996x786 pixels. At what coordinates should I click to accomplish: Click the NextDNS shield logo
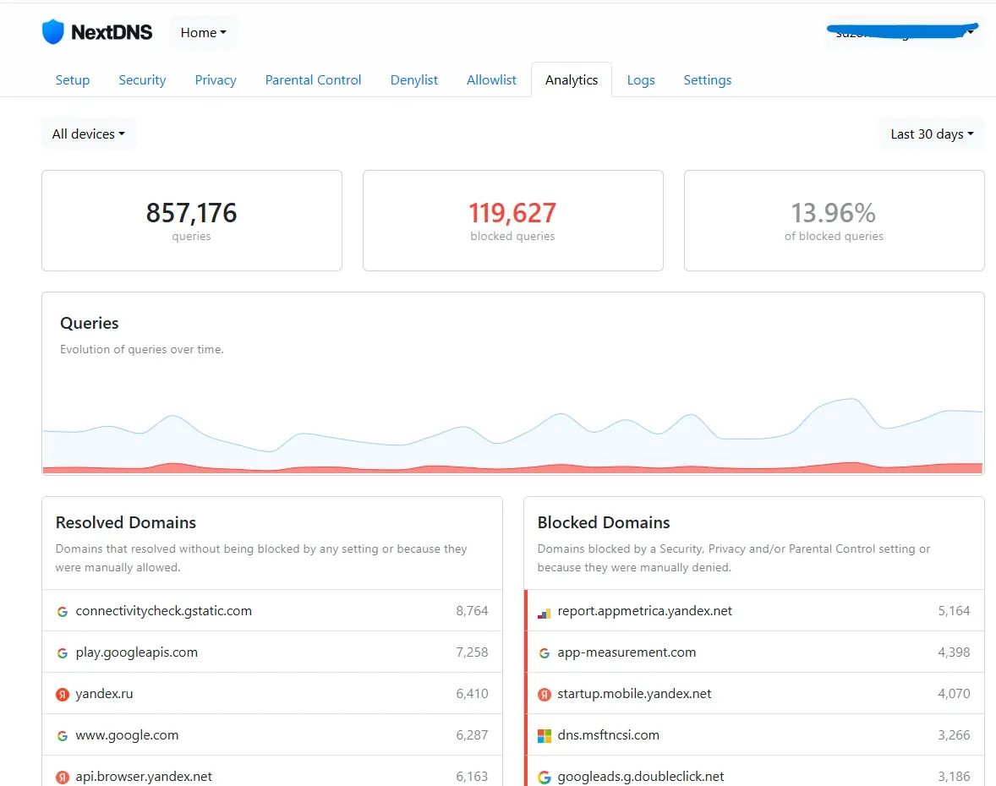pos(53,32)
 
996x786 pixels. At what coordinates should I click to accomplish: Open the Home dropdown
pos(203,33)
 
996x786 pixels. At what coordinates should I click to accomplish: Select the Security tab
pos(142,80)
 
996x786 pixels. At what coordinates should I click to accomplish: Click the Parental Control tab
pos(313,80)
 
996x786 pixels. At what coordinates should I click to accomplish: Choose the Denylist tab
pos(414,80)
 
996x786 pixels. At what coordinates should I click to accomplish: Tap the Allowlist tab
pos(491,80)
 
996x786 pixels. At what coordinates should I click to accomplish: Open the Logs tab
pos(641,80)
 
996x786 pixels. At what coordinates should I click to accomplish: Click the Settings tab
pos(708,80)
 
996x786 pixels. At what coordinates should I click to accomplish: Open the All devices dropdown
pos(89,134)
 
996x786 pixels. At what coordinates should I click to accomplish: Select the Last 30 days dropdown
pos(932,134)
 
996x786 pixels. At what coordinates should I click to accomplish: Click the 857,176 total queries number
pos(191,213)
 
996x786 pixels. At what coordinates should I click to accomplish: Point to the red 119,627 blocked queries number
pos(512,213)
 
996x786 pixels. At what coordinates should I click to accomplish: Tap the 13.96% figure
pos(834,213)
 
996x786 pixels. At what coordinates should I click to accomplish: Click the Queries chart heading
pos(90,324)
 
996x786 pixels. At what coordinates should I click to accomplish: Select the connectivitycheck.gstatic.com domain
pos(163,611)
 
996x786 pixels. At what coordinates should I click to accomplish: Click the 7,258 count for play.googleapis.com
pos(472,652)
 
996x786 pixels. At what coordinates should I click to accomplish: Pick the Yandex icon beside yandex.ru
pos(63,695)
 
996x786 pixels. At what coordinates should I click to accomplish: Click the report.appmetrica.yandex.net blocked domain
pos(644,611)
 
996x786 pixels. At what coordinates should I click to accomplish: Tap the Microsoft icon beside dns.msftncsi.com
pos(545,736)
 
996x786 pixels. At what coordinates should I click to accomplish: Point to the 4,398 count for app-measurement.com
pos(954,652)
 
